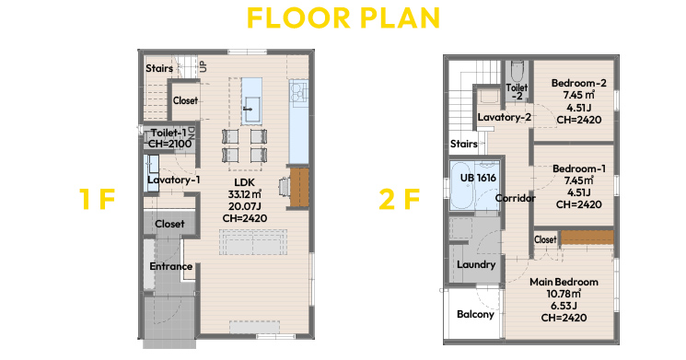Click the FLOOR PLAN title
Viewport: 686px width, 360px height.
343,17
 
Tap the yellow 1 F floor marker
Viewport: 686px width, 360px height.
97,199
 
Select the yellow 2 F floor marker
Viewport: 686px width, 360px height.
400,199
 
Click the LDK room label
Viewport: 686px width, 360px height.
244,182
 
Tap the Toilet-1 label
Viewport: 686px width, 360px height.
169,133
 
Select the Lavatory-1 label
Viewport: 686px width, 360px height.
174,180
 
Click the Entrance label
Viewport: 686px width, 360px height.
171,266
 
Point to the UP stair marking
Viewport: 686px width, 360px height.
203,66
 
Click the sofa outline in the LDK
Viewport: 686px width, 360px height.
253,242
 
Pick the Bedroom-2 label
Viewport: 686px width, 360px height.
579,83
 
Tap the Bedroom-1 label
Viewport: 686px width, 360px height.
579,168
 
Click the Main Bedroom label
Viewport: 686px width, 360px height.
564,282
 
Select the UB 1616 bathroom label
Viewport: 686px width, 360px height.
478,178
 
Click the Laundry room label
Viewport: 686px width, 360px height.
476,264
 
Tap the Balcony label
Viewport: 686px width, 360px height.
475,315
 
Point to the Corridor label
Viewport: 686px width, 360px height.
516,198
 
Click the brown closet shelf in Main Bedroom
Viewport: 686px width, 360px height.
587,238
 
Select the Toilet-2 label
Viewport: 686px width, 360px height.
517,91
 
